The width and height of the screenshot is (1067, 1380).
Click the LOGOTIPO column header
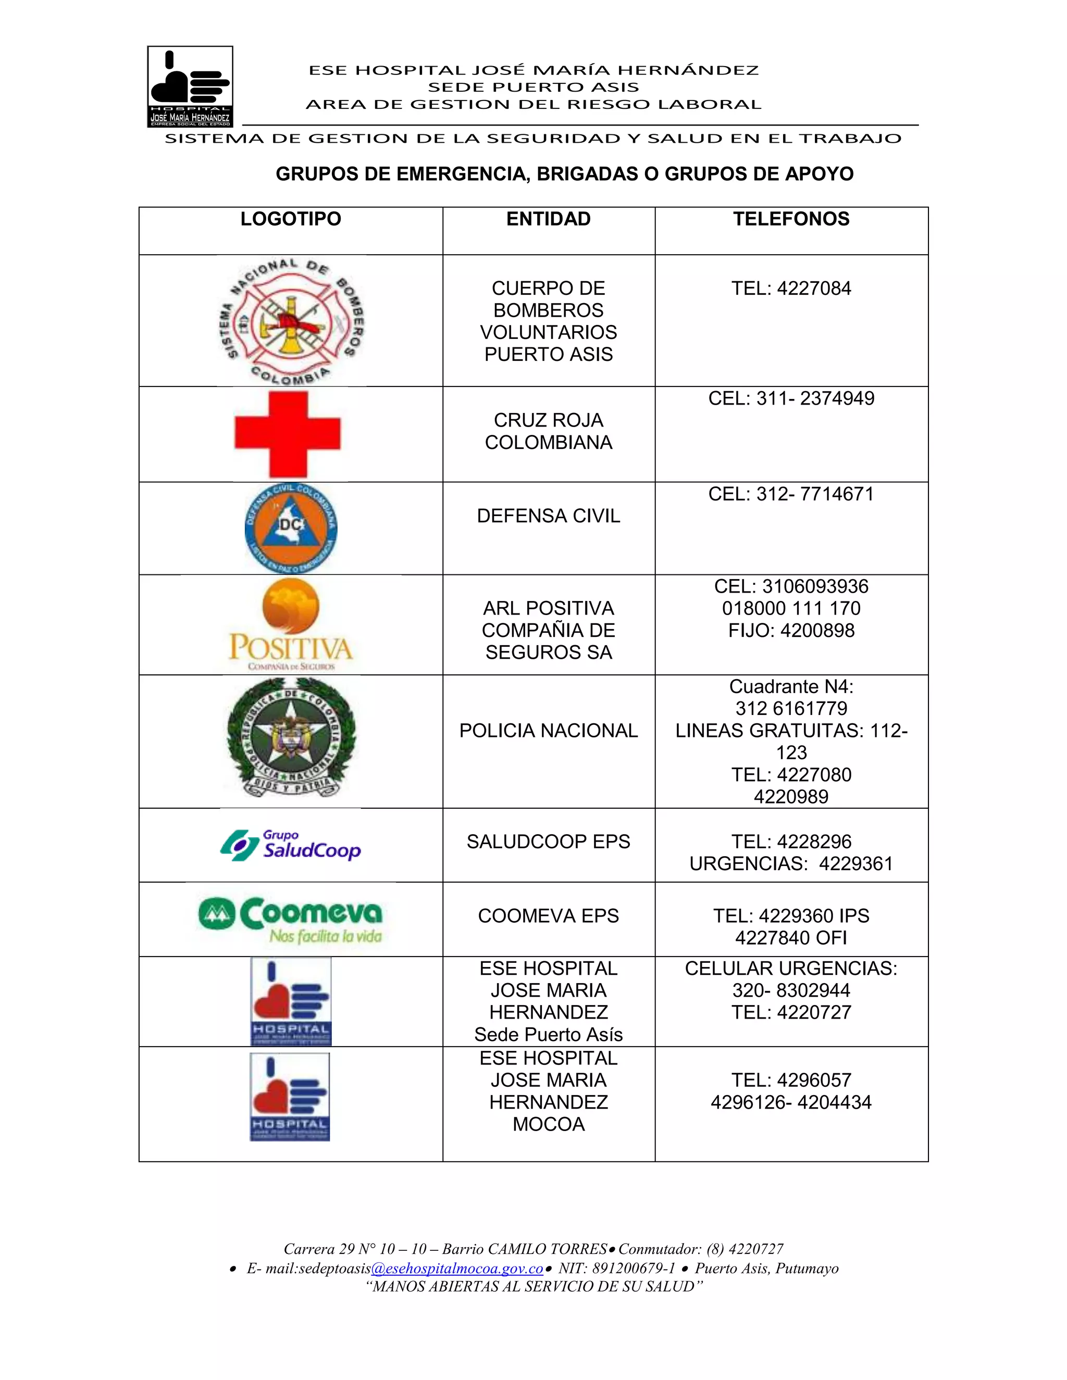[x=290, y=219]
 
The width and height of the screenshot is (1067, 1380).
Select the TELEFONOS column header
[x=791, y=219]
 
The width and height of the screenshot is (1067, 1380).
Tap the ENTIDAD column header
[x=548, y=219]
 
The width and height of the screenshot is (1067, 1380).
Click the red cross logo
[x=288, y=434]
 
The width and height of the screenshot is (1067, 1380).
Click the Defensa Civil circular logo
[x=291, y=528]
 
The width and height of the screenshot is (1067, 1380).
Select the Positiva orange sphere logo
[x=291, y=624]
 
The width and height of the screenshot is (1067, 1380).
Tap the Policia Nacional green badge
[x=291, y=737]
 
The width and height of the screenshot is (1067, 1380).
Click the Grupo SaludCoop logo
[x=291, y=845]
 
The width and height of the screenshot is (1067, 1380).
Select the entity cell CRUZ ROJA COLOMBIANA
[x=548, y=431]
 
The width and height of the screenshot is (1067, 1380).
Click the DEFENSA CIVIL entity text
[x=548, y=516]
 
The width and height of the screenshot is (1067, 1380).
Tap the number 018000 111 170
[x=791, y=608]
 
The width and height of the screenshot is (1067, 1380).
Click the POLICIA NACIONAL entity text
[x=548, y=731]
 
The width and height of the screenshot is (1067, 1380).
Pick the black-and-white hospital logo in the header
[x=190, y=86]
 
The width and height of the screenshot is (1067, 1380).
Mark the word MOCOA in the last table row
[x=548, y=1124]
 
